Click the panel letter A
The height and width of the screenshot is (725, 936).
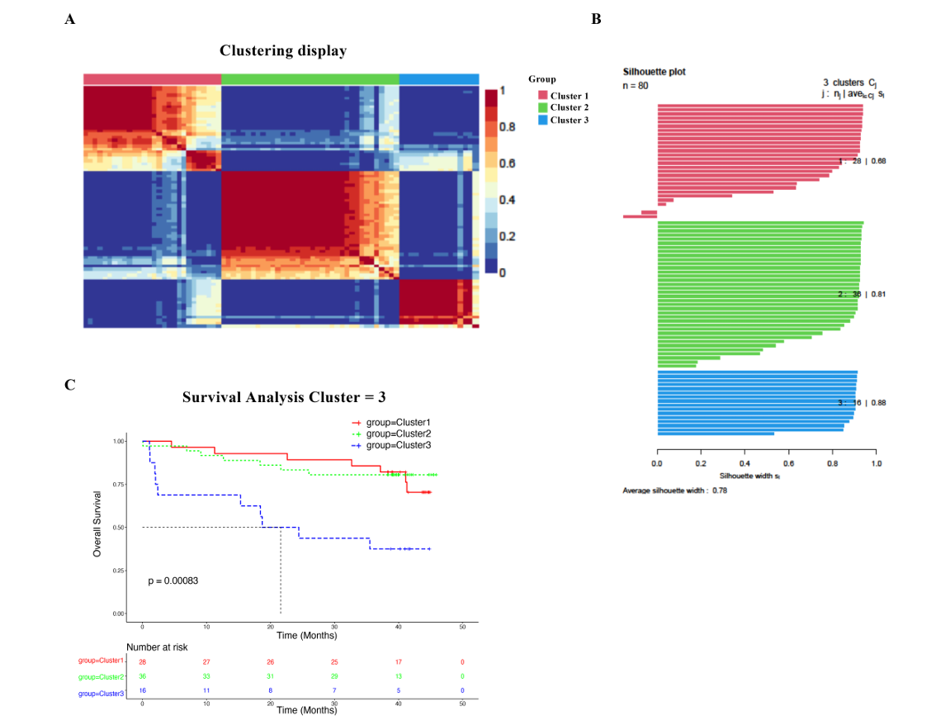click(x=70, y=20)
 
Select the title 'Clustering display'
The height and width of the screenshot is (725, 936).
click(x=283, y=51)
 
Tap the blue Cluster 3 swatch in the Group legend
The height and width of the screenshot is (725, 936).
click(x=542, y=120)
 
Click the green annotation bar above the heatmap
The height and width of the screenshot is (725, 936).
click(x=310, y=78)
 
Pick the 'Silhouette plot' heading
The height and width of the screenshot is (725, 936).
click(x=654, y=72)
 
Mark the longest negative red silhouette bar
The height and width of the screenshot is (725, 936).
click(x=640, y=216)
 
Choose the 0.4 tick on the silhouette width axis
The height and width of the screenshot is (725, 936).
click(x=745, y=464)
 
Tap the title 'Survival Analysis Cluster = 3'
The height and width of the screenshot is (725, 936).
click(x=284, y=396)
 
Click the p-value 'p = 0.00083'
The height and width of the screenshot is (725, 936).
click(x=173, y=580)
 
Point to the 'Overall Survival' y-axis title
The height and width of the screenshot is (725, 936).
click(x=97, y=524)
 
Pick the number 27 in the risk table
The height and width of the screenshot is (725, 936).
click(x=207, y=661)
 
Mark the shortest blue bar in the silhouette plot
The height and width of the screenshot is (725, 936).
click(x=716, y=434)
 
